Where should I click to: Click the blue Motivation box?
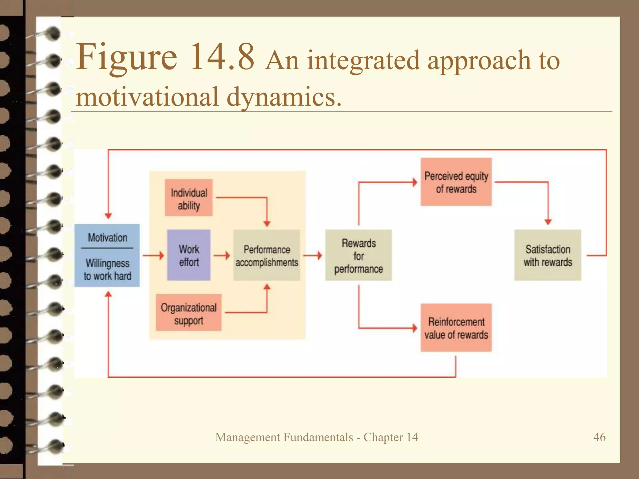pos(107,255)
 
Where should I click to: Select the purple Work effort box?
pos(189,255)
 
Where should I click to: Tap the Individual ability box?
pos(189,198)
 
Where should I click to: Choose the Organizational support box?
pos(189,312)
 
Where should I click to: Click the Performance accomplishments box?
pos(267,255)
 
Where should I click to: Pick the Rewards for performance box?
pos(359,255)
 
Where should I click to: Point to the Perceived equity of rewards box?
pos(456,182)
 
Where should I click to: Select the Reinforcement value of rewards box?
pos(456,328)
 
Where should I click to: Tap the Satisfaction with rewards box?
pos(548,255)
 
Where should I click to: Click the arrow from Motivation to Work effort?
pos(154,255)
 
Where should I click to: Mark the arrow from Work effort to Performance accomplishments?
pos(222,255)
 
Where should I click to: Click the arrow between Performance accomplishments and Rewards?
pos(313,255)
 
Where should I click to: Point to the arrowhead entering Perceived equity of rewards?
pos(415,182)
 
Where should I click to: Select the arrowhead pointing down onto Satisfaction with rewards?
pos(548,222)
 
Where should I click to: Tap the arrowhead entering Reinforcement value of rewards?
pos(415,328)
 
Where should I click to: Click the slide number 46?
pos(599,437)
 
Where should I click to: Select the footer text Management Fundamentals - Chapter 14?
pos(316,437)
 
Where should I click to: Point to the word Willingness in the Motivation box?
pos(107,263)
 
